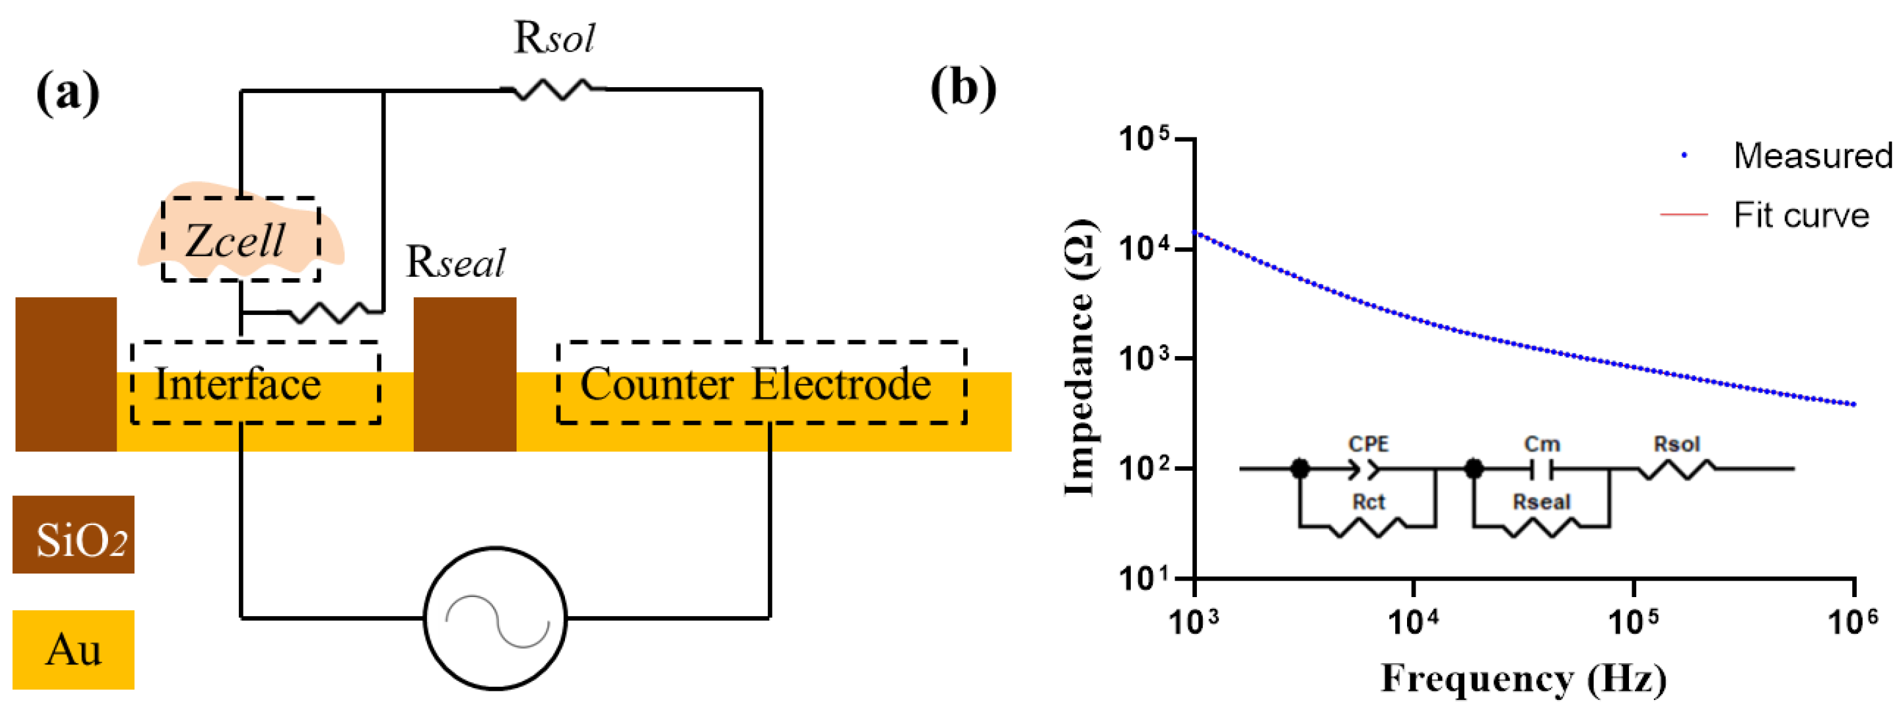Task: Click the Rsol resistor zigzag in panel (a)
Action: [554, 90]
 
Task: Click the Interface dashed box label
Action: [238, 384]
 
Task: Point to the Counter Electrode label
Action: [756, 384]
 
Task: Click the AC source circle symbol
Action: [496, 618]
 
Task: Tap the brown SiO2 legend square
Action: [73, 535]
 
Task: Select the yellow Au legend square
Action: [73, 649]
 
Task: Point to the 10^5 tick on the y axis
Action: [1144, 139]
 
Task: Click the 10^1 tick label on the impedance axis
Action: [1144, 578]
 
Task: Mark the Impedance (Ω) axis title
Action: [1080, 359]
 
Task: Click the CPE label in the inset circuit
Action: [1368, 444]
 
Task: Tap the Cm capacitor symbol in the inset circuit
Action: [1541, 468]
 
